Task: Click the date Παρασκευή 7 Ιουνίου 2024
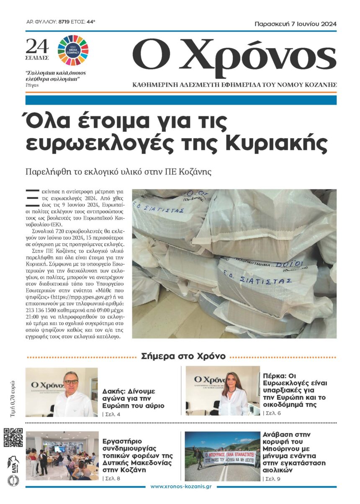pos(296,24)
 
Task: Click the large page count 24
pos(37,46)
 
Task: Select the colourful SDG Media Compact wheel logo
pos(73,47)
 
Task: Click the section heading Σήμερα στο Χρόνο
pos(183,356)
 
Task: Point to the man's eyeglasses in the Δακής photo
pos(71,382)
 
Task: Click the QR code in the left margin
pos(13,437)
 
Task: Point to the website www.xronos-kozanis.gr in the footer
pos(180,486)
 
